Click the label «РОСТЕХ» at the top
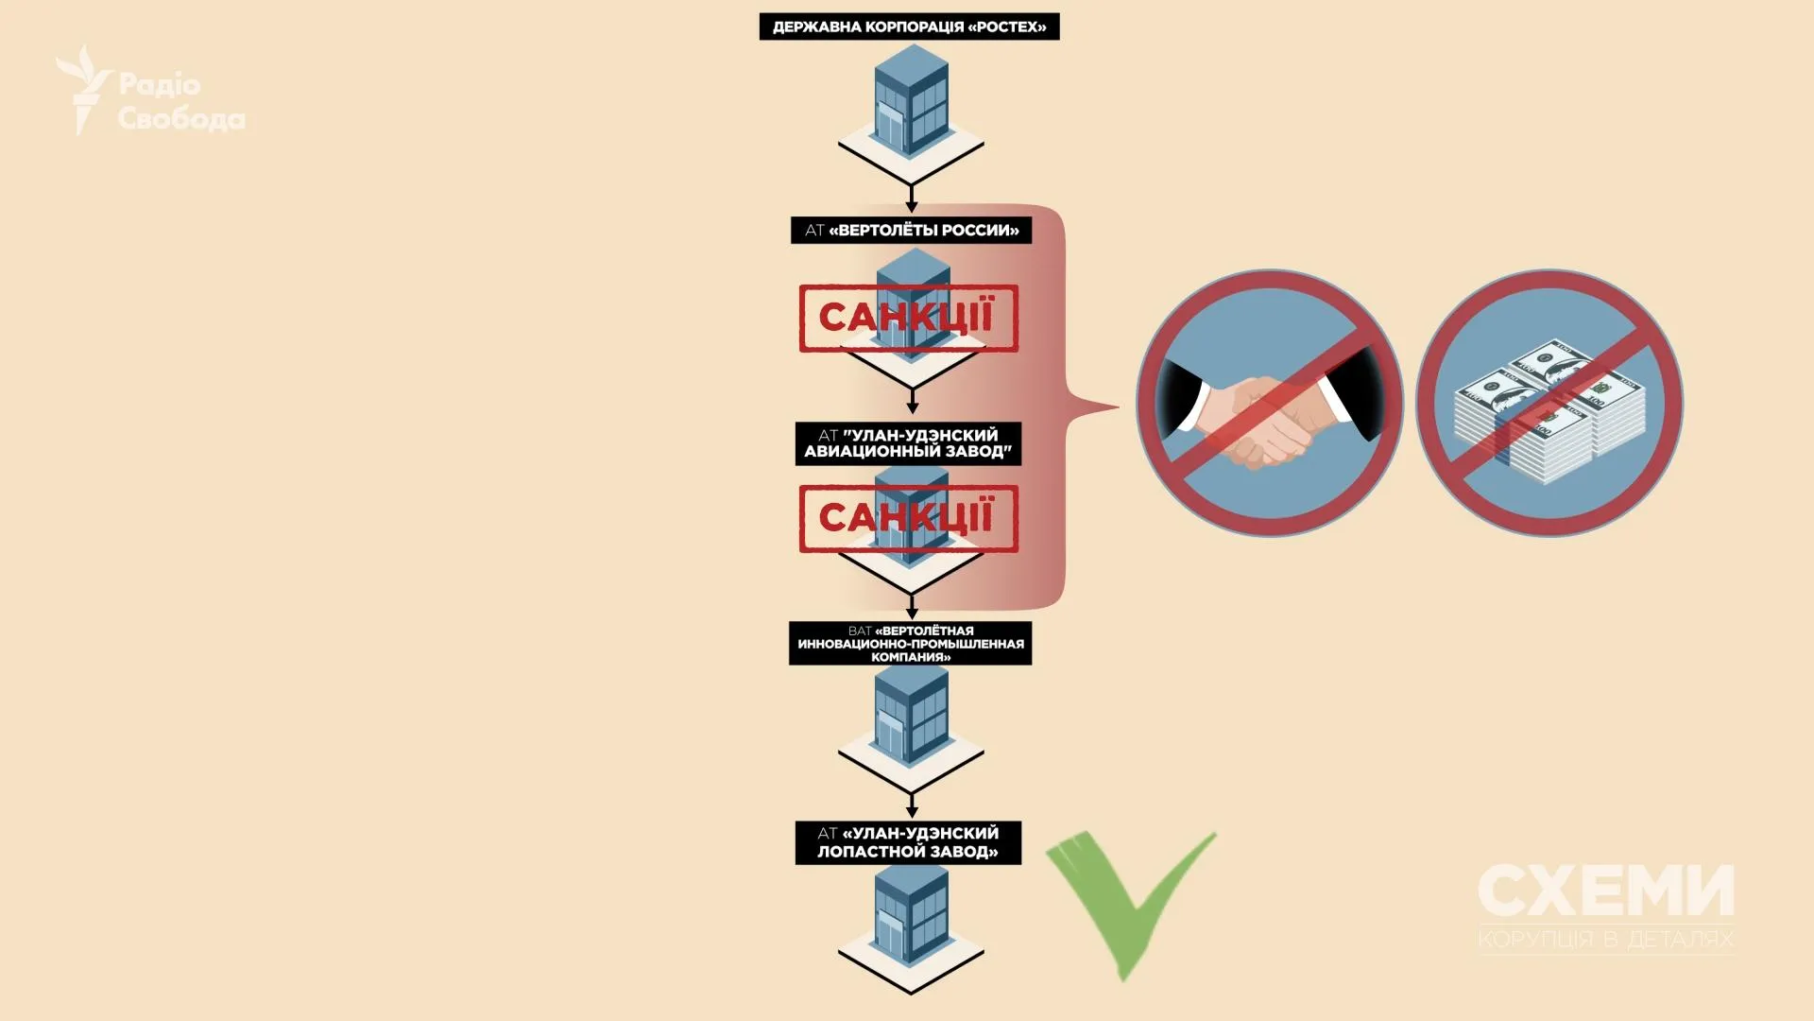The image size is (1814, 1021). [x=909, y=26]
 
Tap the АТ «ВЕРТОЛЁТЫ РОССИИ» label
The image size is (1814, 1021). [x=911, y=231]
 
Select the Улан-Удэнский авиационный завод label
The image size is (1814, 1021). [x=908, y=443]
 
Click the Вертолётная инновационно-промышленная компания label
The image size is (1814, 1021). [x=910, y=644]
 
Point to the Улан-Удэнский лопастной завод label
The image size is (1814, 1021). [x=908, y=842]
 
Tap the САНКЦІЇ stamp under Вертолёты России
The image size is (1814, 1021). [x=908, y=319]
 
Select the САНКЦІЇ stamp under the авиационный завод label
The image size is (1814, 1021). [x=908, y=519]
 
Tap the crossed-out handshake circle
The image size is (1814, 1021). [x=1269, y=404]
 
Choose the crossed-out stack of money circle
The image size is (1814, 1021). [x=1549, y=404]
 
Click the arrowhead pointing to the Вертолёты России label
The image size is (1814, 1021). [x=912, y=207]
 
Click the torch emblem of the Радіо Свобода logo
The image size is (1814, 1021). [x=83, y=89]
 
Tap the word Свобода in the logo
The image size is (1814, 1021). [x=181, y=119]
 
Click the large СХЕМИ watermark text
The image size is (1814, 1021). [x=1606, y=891]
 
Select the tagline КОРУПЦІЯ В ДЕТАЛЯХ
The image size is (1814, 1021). [x=1606, y=939]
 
